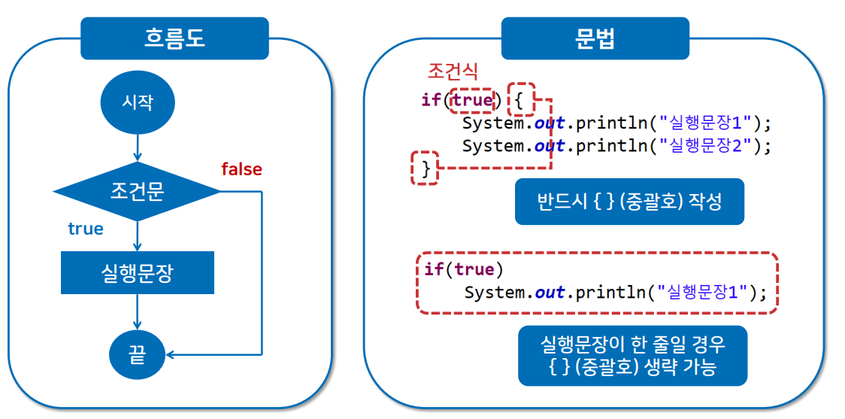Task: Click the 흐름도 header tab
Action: [174, 38]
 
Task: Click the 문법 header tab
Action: [595, 38]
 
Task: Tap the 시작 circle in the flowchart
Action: [138, 102]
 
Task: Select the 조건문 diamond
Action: [138, 192]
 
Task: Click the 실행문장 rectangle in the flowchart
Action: [138, 272]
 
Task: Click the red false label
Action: [241, 169]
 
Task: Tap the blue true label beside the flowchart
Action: [86, 229]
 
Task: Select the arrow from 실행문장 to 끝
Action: [138, 310]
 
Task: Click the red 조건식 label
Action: [452, 71]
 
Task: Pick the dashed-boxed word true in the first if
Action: [471, 99]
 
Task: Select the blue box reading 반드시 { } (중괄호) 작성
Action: [629, 202]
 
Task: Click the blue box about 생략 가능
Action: [632, 355]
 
